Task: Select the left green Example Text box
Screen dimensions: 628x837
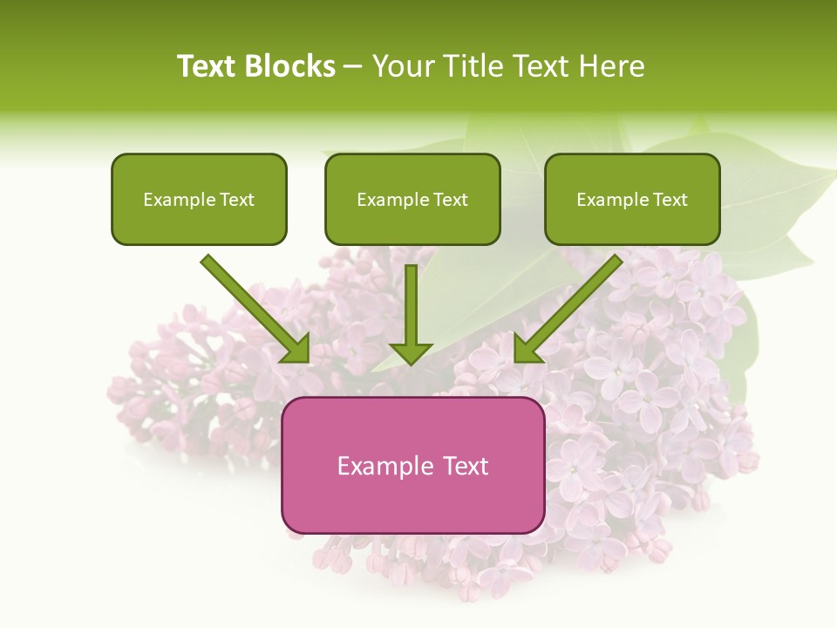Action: (x=199, y=200)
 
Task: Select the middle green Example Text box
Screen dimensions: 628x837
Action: (x=412, y=200)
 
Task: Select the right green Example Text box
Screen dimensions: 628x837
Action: (x=632, y=200)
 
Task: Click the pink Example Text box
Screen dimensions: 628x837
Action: (x=412, y=465)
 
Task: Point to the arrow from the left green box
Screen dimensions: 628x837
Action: (x=253, y=306)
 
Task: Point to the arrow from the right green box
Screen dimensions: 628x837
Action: (x=571, y=306)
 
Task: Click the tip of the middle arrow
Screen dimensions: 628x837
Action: (x=411, y=362)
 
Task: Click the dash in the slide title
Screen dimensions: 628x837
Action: (x=353, y=66)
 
